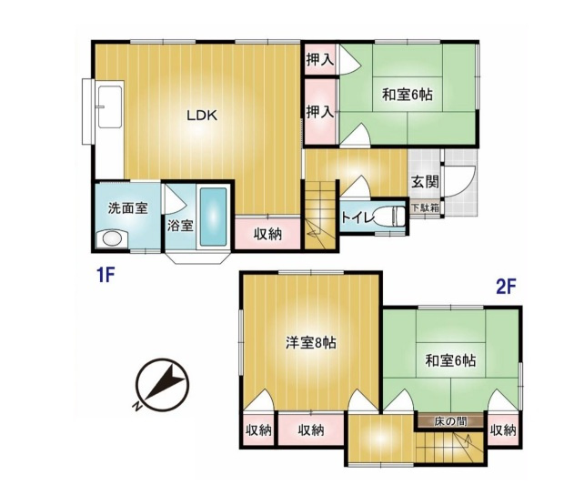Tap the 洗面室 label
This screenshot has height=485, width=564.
(127, 207)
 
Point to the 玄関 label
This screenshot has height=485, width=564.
(424, 180)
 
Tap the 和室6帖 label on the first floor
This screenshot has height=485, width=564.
(407, 93)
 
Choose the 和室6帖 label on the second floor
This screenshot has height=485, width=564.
(449, 359)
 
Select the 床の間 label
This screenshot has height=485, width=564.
(450, 421)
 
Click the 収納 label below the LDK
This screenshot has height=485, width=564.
(267, 234)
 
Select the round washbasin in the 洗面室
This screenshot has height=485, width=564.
(112, 239)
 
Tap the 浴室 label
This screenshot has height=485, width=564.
(180, 225)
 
